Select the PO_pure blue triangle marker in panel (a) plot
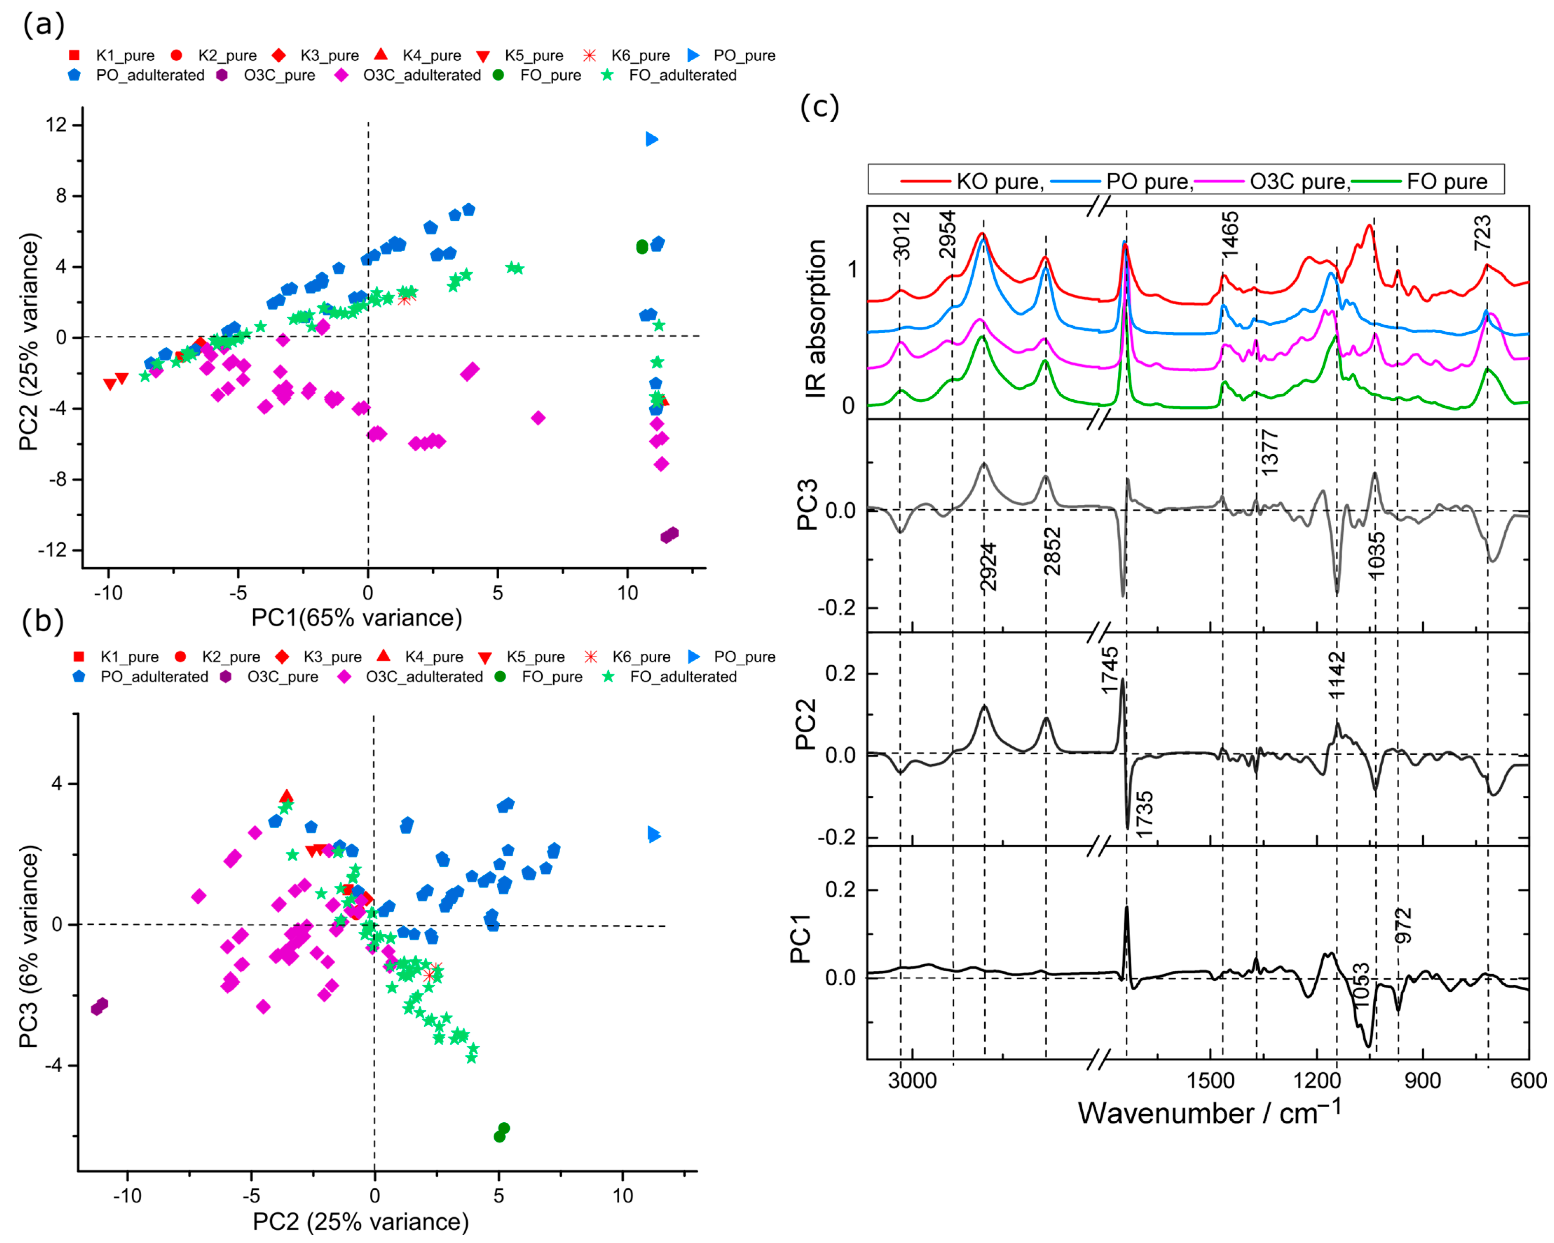(x=652, y=139)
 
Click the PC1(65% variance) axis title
(x=357, y=618)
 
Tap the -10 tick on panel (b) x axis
(x=128, y=1195)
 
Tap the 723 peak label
(x=1483, y=232)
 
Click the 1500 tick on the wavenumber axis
(x=1211, y=1080)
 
